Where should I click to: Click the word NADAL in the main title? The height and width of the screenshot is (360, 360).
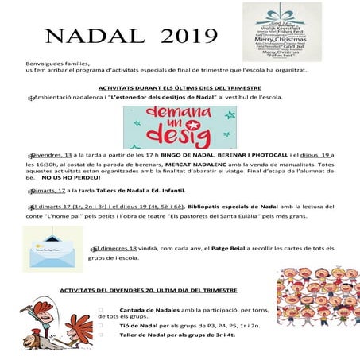(x=87, y=37)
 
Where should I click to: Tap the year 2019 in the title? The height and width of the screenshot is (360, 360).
(x=188, y=37)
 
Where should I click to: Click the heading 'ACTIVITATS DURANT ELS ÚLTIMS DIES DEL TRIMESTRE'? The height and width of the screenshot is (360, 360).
(x=180, y=88)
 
